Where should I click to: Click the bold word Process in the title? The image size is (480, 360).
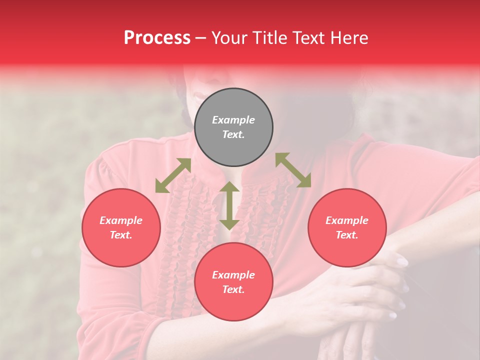[x=157, y=38]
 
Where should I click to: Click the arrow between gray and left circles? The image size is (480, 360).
[x=173, y=175]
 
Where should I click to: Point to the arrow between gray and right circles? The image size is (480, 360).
[x=293, y=170]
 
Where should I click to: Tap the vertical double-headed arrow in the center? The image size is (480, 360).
[x=229, y=205]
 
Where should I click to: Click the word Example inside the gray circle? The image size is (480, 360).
[x=233, y=120]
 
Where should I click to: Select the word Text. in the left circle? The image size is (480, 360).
[x=121, y=235]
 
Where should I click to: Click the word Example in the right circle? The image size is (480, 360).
[x=347, y=220]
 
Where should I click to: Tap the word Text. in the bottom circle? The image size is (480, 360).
[x=233, y=289]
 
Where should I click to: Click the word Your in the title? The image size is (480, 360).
[x=228, y=38]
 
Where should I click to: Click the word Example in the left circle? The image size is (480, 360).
[x=121, y=220]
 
